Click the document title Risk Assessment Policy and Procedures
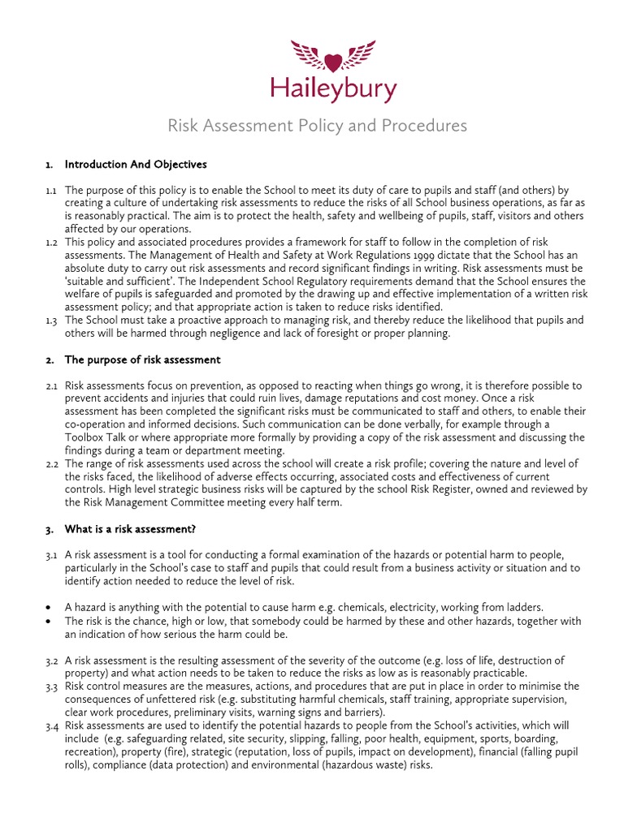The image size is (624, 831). click(317, 126)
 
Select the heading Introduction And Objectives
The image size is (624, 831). click(136, 165)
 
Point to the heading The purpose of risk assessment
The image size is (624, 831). click(142, 360)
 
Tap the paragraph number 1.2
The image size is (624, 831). click(51, 243)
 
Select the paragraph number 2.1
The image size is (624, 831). click(51, 385)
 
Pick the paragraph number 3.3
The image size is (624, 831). click(51, 687)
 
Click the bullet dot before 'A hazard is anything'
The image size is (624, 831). click(50, 608)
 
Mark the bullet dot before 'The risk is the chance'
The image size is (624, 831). click(50, 622)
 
